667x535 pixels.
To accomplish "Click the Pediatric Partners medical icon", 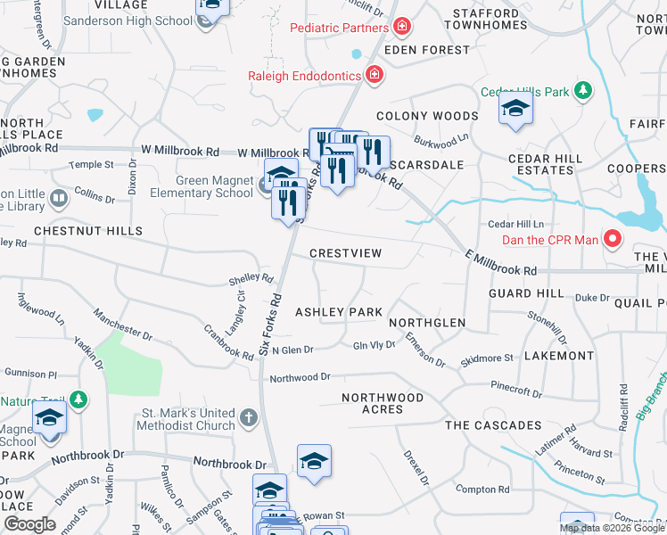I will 402,28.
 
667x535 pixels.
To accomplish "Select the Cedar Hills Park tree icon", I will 583,91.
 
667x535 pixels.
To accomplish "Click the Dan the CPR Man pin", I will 613,239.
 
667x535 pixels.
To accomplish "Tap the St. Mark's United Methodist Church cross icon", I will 249,416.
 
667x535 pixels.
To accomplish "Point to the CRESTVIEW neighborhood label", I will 346,253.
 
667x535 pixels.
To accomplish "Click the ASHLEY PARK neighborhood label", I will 339,312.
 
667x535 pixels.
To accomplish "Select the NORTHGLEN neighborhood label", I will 427,323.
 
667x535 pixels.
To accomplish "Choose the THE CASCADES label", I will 493,425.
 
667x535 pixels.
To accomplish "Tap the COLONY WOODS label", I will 427,116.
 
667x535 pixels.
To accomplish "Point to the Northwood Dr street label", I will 301,378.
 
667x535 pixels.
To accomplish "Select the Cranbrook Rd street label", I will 227,342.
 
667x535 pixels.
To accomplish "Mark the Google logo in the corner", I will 30,523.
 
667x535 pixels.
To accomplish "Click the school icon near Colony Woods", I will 515,111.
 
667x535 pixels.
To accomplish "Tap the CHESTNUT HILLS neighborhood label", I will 88,231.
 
